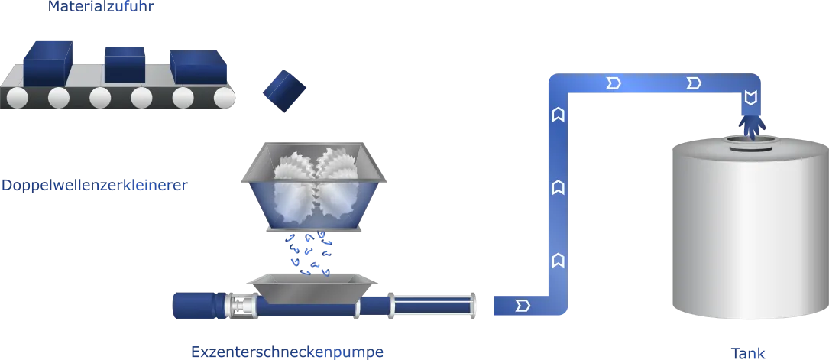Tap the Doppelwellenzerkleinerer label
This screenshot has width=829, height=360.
tap(95, 186)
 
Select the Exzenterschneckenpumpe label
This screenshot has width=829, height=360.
tap(287, 352)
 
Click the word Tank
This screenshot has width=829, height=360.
tap(747, 353)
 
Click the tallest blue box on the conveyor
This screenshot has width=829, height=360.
tap(47, 63)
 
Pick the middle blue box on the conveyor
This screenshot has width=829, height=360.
tap(125, 65)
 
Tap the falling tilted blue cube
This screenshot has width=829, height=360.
tap(285, 90)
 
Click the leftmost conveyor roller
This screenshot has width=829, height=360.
tap(18, 97)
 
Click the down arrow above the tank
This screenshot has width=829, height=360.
tap(750, 97)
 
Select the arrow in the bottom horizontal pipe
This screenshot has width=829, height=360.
tap(523, 305)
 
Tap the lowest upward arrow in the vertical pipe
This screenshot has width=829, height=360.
tap(557, 260)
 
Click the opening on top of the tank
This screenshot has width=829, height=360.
tap(752, 141)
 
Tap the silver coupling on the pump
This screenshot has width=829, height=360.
tap(241, 306)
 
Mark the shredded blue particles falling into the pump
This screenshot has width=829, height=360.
tap(310, 253)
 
